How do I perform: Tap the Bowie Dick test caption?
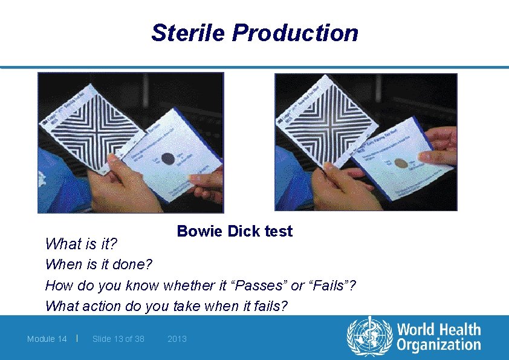click(x=235, y=231)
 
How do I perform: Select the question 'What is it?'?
click(x=81, y=244)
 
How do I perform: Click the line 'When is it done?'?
click(x=99, y=265)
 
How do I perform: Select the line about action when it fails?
click(x=166, y=306)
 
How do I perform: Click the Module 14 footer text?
click(x=47, y=339)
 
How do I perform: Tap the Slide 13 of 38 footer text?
click(x=118, y=339)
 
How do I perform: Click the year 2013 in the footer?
click(x=177, y=339)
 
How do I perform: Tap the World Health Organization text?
click(x=438, y=338)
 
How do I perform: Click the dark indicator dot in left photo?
click(x=170, y=159)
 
